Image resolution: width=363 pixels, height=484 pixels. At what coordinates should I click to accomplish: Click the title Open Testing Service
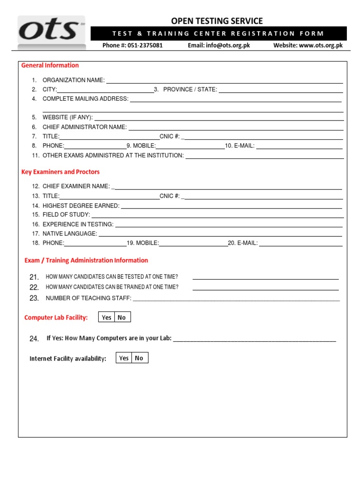[216, 21]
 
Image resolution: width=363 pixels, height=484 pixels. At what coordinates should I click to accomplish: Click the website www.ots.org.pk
[320, 46]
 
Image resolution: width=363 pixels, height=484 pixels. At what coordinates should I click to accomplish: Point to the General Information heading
[50, 65]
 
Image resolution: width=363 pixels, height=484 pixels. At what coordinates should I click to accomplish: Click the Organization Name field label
[73, 80]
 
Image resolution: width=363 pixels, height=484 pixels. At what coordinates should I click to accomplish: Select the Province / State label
[190, 89]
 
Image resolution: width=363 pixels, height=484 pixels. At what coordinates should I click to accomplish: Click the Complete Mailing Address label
[85, 99]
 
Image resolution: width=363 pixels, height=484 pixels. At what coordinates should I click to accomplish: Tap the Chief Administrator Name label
[85, 127]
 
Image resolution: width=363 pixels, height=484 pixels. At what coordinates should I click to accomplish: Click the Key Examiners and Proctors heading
[60, 172]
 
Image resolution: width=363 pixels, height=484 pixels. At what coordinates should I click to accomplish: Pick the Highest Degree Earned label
[81, 206]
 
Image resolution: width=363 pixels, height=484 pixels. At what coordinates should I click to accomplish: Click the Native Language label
[69, 233]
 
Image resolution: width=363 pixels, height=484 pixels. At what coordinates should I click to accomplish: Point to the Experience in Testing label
[78, 225]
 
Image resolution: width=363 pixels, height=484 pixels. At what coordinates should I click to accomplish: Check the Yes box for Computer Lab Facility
[107, 317]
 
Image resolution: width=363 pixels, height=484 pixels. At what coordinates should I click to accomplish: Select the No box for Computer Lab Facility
[122, 317]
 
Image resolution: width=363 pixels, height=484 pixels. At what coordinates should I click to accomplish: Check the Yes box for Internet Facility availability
[124, 358]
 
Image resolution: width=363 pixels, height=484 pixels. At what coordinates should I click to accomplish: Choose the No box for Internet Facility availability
[139, 358]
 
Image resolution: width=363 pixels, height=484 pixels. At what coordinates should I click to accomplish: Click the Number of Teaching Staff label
[88, 298]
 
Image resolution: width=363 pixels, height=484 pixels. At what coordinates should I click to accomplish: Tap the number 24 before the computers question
[34, 339]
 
